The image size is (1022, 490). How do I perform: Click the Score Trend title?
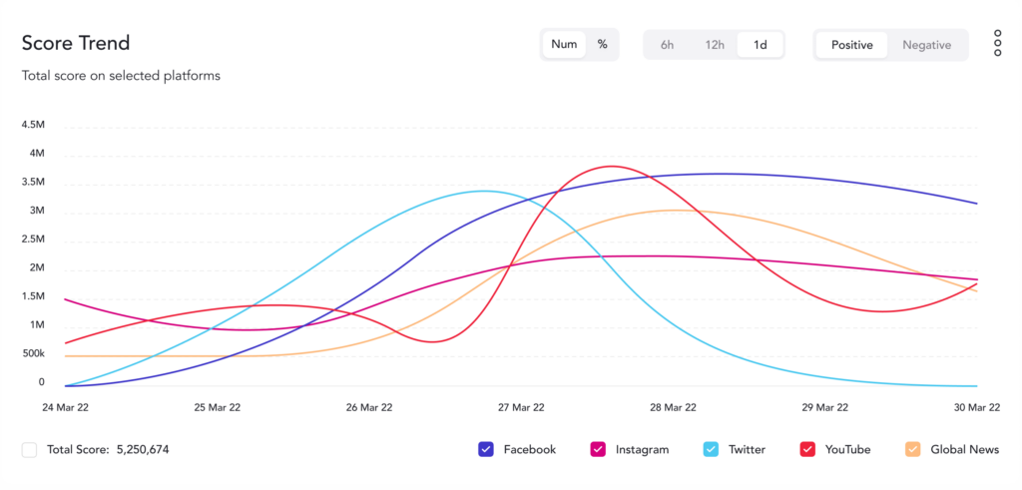(x=76, y=44)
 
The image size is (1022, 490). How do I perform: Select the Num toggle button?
(x=564, y=45)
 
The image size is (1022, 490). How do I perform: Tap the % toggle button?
(x=603, y=45)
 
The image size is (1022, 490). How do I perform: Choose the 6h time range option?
(x=667, y=45)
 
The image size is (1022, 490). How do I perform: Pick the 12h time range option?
(x=715, y=45)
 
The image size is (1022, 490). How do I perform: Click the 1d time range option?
(x=761, y=45)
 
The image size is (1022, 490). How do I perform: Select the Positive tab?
(x=851, y=45)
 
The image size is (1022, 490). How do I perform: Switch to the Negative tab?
(x=927, y=45)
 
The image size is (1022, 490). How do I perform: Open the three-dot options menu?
(x=997, y=44)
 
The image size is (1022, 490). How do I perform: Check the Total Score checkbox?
(x=30, y=450)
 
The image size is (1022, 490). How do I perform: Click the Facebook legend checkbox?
(x=487, y=450)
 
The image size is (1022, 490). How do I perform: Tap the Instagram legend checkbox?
(x=599, y=450)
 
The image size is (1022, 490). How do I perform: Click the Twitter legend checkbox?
(x=711, y=450)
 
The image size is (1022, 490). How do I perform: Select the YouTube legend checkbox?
(x=808, y=450)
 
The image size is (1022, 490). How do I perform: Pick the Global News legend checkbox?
(x=913, y=450)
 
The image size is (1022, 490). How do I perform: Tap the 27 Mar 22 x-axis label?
(x=521, y=407)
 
